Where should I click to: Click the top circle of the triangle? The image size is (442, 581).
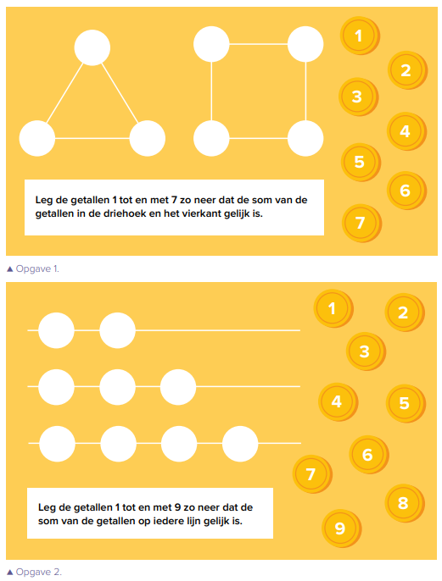(x=92, y=47)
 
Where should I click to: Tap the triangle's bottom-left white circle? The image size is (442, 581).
(x=37, y=138)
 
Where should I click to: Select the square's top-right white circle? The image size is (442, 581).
(x=305, y=44)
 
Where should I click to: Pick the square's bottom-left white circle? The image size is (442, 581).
(x=211, y=138)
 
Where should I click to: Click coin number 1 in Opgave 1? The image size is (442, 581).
(x=359, y=36)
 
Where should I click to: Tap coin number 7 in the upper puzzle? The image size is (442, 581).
(x=361, y=223)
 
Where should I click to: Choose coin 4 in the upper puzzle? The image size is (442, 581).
(x=406, y=131)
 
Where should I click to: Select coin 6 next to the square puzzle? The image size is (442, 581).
(x=406, y=191)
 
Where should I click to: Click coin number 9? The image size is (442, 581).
(x=341, y=528)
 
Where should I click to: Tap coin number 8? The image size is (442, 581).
(x=404, y=503)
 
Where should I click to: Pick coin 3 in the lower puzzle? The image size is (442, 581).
(x=366, y=351)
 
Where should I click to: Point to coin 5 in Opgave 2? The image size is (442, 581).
(x=406, y=403)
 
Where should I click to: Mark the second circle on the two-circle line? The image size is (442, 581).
(x=117, y=330)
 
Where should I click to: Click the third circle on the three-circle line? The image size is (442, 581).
(x=178, y=387)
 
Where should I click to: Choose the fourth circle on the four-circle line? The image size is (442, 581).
(x=240, y=444)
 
